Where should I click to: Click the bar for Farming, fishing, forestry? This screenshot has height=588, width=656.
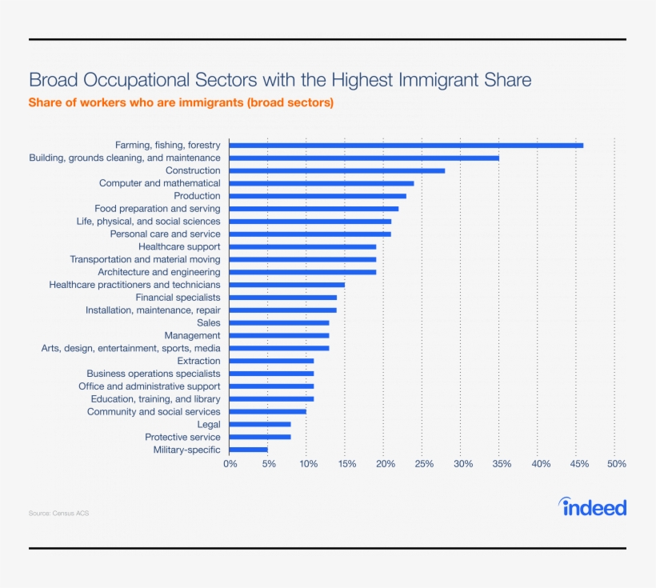pyautogui.click(x=406, y=145)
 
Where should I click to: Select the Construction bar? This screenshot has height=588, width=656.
pyautogui.click(x=337, y=170)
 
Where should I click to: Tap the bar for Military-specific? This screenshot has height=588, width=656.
pyautogui.click(x=249, y=450)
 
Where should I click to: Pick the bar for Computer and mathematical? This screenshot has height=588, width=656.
pyautogui.click(x=322, y=183)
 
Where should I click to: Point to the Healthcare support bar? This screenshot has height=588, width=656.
pyautogui.click(x=302, y=246)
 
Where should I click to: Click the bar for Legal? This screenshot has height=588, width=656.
pyautogui.click(x=260, y=424)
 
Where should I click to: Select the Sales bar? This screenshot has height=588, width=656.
pyautogui.click(x=279, y=322)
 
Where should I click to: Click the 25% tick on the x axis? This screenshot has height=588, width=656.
pyautogui.click(x=424, y=464)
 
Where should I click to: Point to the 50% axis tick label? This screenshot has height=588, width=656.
pyautogui.click(x=616, y=464)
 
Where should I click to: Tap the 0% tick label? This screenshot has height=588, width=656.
pyautogui.click(x=230, y=464)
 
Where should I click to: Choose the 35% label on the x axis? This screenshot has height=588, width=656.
pyautogui.click(x=501, y=464)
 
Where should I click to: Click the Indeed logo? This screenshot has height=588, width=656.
pyautogui.click(x=593, y=507)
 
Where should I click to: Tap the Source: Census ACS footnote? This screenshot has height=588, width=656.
pyautogui.click(x=58, y=513)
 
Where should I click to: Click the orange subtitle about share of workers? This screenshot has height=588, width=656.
pyautogui.click(x=181, y=103)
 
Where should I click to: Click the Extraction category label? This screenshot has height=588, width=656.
pyautogui.click(x=198, y=361)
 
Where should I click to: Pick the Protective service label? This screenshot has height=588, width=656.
pyautogui.click(x=182, y=437)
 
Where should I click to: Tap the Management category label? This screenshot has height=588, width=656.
pyautogui.click(x=192, y=335)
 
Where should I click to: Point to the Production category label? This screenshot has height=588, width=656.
pyautogui.click(x=197, y=196)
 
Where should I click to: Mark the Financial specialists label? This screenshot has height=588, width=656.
pyautogui.click(x=178, y=298)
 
